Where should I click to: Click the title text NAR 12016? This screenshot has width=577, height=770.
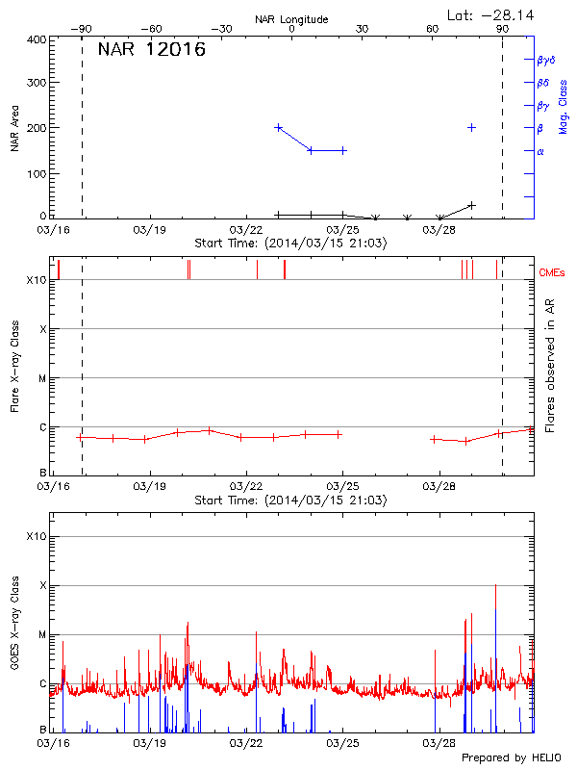(x=151, y=50)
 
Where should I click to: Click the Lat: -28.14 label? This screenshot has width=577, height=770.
(x=491, y=14)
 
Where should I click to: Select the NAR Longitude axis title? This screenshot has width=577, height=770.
(x=291, y=19)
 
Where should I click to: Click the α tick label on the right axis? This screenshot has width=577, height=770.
(x=540, y=151)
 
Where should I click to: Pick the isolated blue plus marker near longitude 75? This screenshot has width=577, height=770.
(x=471, y=127)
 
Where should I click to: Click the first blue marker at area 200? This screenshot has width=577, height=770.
(x=279, y=127)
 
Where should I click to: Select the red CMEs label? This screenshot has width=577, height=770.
(x=553, y=274)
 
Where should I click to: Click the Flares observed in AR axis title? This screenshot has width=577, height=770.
(x=550, y=365)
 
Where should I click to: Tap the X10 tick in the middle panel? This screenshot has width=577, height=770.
(x=37, y=280)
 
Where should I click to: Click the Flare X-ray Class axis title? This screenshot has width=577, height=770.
(x=14, y=365)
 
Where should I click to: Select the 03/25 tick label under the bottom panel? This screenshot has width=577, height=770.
(x=342, y=743)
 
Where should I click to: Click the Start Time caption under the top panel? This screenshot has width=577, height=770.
(x=290, y=244)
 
